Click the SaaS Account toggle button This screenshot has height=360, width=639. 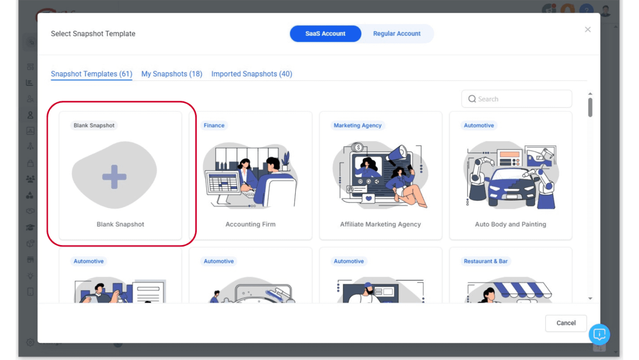[x=325, y=34]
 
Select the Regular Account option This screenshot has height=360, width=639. [x=396, y=34]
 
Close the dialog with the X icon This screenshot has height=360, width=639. [x=587, y=30]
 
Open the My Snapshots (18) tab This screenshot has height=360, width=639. [x=171, y=74]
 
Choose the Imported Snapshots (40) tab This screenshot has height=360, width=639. [x=251, y=74]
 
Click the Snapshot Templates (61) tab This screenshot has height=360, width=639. [x=92, y=74]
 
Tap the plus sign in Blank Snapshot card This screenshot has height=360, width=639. [x=114, y=177]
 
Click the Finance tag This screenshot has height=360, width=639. [x=214, y=125]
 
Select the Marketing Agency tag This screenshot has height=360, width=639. [x=357, y=125]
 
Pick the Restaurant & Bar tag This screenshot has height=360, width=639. [x=485, y=261]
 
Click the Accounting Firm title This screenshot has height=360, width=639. [x=250, y=224]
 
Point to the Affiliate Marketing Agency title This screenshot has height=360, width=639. [x=380, y=224]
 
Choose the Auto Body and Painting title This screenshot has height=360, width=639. [x=510, y=224]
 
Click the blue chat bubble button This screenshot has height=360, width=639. [x=599, y=334]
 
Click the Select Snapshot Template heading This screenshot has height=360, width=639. [x=93, y=34]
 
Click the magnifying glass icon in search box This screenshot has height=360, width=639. [x=472, y=99]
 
